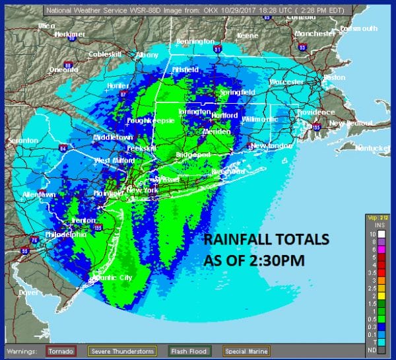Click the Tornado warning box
click(x=61, y=350)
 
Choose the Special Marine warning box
click(x=245, y=350)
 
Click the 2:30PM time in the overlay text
click(x=280, y=260)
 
